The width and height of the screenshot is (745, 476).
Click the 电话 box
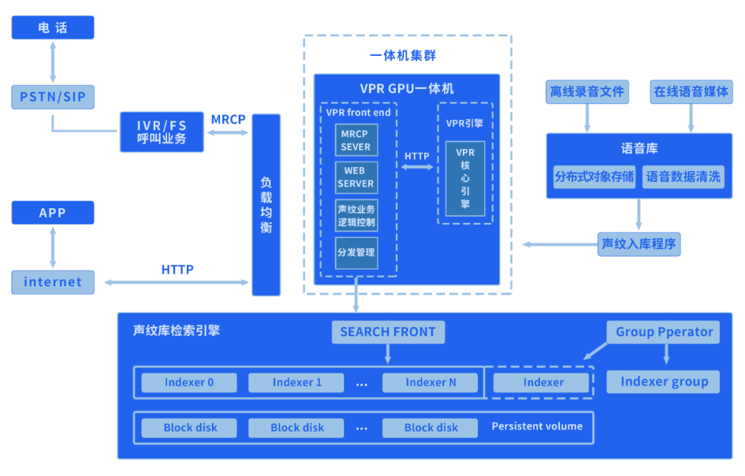52,28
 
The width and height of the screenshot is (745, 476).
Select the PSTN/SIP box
52,97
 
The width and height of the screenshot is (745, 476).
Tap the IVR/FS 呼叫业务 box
162,132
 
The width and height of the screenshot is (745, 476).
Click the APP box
52,213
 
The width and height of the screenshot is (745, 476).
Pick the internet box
52,282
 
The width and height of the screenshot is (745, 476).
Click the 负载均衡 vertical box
266,205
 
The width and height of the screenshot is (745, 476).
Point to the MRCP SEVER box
356,140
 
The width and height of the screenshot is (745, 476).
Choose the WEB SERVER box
356,177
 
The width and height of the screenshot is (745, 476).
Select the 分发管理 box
356,252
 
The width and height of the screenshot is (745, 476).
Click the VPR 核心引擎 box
465,179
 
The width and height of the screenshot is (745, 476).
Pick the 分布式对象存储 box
594,177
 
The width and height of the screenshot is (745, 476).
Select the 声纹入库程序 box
639,244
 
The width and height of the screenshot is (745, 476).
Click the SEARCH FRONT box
388,332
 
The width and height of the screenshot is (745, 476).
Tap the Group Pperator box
664,332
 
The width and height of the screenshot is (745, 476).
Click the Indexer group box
664,382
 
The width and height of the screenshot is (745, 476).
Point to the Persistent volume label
537,426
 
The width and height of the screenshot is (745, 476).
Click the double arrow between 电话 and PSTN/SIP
52,62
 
